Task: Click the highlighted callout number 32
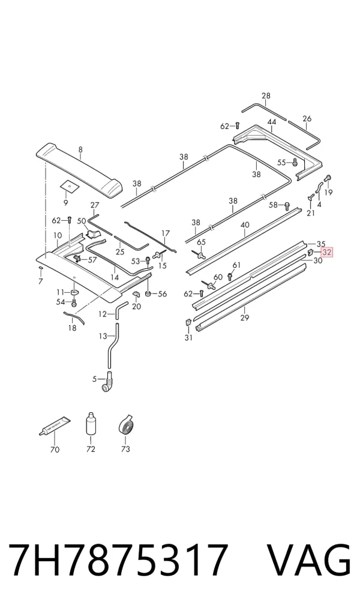tap(327, 253)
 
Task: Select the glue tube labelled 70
tap(56, 426)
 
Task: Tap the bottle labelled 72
tap(91, 425)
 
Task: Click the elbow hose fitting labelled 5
tap(108, 383)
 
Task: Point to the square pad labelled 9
tap(69, 187)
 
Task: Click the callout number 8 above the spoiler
tap(80, 149)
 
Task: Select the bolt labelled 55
tap(295, 161)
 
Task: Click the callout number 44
tap(272, 122)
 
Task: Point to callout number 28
tap(266, 95)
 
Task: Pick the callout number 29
tap(245, 318)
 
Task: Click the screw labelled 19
tap(328, 178)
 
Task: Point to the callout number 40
tap(245, 225)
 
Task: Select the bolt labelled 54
tap(74, 302)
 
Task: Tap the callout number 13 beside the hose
tap(103, 336)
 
